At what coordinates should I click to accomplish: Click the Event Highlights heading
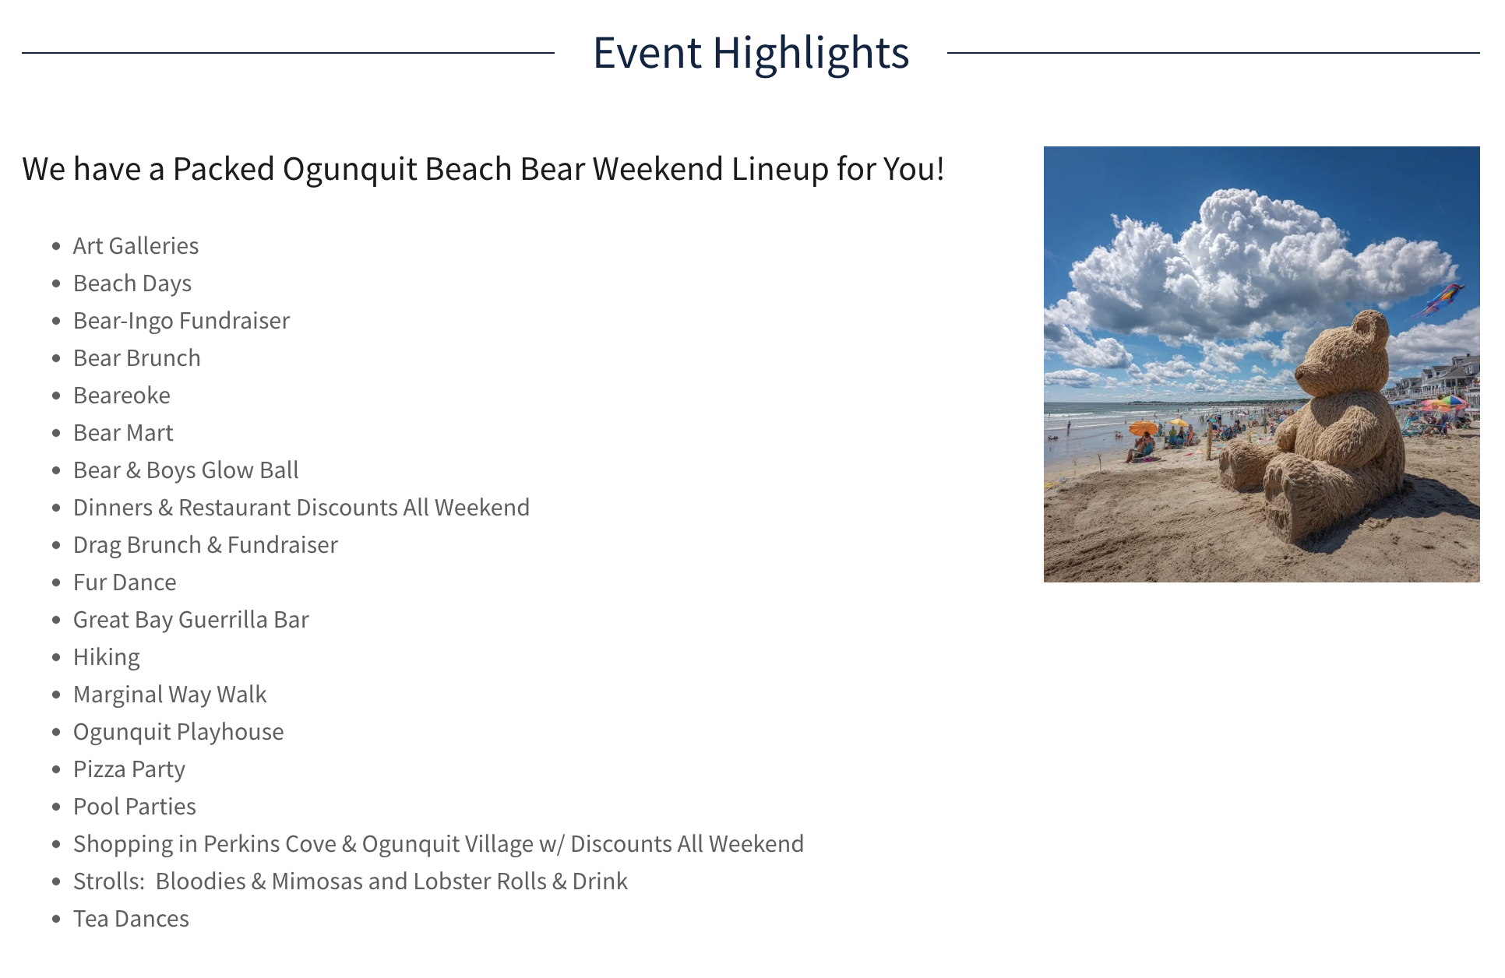pos(751,53)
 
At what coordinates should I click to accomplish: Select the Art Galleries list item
pos(136,246)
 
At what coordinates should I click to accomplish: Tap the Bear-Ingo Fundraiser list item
pos(182,321)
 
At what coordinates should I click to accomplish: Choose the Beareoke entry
pos(122,396)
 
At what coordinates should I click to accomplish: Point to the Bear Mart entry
pos(123,433)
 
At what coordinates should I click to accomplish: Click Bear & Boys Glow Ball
pos(186,470)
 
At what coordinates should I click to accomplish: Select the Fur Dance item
pos(125,582)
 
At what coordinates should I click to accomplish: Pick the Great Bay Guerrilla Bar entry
pos(191,620)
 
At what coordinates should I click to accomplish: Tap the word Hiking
pos(107,658)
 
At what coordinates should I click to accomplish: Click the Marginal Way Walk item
pos(170,695)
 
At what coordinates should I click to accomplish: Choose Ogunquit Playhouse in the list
pos(178,733)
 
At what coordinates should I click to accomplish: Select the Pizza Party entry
pos(129,770)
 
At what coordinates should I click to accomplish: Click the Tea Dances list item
pos(131,919)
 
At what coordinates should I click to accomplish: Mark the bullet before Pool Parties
pos(56,807)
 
